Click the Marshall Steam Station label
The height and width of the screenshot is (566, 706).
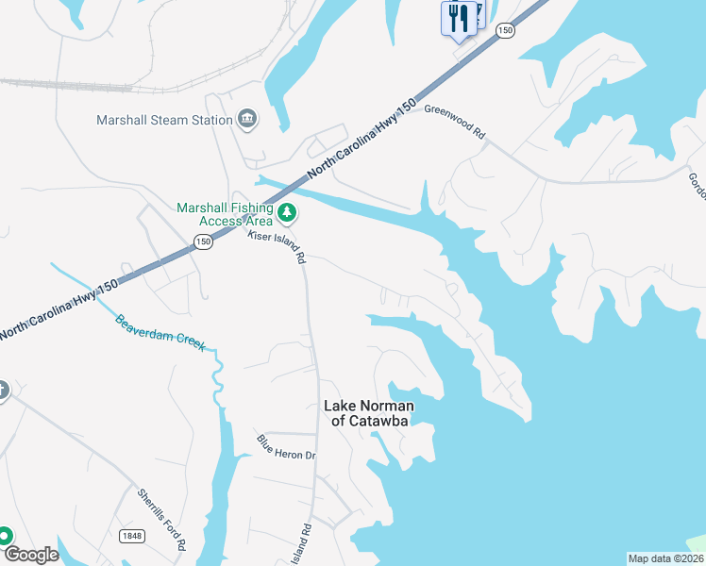pyautogui.click(x=164, y=120)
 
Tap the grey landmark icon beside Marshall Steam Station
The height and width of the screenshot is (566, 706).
pyautogui.click(x=247, y=118)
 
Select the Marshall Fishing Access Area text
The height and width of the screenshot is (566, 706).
pyautogui.click(x=225, y=215)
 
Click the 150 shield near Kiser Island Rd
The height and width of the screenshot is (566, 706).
pyautogui.click(x=203, y=242)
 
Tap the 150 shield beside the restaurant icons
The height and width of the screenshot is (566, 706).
pyautogui.click(x=506, y=30)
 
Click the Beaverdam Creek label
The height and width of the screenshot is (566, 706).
pyautogui.click(x=160, y=333)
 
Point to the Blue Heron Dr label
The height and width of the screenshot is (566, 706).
pyautogui.click(x=286, y=448)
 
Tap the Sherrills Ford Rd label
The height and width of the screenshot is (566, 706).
pyautogui.click(x=162, y=519)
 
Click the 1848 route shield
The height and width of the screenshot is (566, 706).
pyautogui.click(x=131, y=536)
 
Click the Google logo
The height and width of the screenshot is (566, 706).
pyautogui.click(x=31, y=555)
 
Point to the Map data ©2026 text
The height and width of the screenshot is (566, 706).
pyautogui.click(x=665, y=558)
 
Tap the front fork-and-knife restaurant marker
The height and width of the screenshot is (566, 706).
pyautogui.click(x=458, y=19)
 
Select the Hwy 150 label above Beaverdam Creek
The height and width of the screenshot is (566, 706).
pyautogui.click(x=61, y=308)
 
